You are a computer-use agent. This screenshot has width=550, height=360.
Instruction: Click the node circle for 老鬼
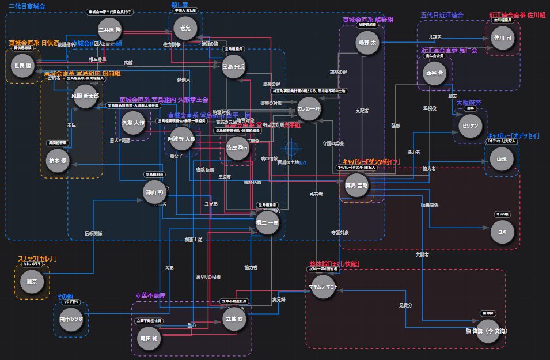[185, 27]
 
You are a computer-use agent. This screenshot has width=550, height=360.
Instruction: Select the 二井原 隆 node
[109, 29]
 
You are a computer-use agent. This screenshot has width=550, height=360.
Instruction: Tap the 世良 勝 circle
[24, 66]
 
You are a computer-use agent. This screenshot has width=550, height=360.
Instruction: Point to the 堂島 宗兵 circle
[234, 67]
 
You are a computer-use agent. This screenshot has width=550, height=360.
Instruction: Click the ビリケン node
[468, 125]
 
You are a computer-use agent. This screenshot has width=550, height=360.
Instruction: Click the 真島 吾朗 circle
[355, 186]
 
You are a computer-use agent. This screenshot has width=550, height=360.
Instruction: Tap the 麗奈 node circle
[32, 282]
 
